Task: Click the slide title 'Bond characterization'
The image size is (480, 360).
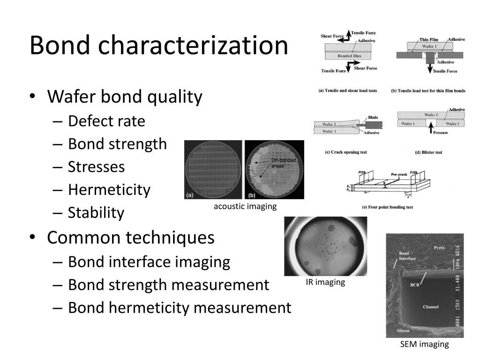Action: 158,45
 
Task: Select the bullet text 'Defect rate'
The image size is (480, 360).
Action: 106,121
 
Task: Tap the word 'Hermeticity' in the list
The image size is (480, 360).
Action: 109,190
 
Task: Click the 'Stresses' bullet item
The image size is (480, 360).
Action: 96,167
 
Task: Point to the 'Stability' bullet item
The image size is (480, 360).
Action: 96,213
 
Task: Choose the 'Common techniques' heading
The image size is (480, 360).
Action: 131,238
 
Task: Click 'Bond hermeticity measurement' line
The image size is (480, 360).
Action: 180,308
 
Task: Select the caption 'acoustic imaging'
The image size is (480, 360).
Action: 245,206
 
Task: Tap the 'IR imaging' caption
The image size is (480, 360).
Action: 325,282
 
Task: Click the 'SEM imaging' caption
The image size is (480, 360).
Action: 424,345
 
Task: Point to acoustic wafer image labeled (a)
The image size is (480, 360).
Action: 213,169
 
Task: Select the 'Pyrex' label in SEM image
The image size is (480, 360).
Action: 439,247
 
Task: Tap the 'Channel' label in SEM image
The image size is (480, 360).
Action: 430,307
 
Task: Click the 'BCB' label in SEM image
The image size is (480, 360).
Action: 414,285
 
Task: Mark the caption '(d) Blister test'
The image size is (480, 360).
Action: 422,152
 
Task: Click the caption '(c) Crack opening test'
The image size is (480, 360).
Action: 345,152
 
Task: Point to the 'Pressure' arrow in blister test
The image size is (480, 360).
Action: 431,130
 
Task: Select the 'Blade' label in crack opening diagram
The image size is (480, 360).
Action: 373,117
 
